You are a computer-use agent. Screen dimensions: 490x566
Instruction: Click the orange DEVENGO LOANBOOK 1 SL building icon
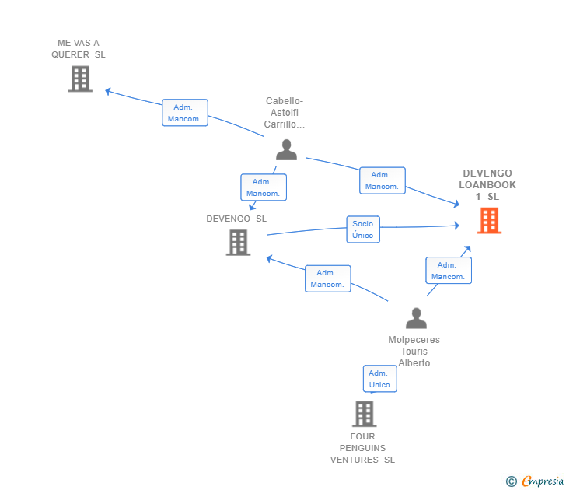[x=489, y=221]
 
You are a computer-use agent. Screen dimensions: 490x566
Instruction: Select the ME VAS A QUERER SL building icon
[x=80, y=79]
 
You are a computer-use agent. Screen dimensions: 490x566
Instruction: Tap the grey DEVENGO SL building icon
[x=238, y=243]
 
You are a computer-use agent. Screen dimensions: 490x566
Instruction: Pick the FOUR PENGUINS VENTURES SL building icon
[x=364, y=414]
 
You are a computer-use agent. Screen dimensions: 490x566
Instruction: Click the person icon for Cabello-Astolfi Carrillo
[x=286, y=149]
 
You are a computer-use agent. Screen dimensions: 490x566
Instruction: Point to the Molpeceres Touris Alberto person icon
[x=416, y=318]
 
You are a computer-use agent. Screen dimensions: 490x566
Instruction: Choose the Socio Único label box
[x=363, y=229]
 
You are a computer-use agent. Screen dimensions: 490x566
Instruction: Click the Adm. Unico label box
[x=379, y=379]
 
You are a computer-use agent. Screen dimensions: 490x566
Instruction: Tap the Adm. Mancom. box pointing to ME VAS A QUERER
[x=185, y=113]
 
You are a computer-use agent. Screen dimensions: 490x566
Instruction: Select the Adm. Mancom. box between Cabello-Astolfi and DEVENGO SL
[x=263, y=187]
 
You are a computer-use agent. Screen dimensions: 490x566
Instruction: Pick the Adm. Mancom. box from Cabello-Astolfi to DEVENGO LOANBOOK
[x=382, y=180]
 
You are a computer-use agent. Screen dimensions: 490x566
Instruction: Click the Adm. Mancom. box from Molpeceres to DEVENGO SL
[x=327, y=278]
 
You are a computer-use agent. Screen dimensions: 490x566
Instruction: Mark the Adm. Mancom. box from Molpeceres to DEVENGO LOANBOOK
[x=448, y=271]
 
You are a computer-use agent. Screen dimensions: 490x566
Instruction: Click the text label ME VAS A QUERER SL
[x=79, y=49]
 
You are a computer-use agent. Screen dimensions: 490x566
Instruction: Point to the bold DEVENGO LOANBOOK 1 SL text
[x=487, y=185]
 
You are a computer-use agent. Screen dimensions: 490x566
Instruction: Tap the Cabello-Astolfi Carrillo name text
[x=285, y=113]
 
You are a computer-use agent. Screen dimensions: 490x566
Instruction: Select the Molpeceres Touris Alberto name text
[x=414, y=352]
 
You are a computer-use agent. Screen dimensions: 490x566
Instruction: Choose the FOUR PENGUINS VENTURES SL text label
[x=362, y=448]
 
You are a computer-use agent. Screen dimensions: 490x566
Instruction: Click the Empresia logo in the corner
[x=543, y=481]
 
